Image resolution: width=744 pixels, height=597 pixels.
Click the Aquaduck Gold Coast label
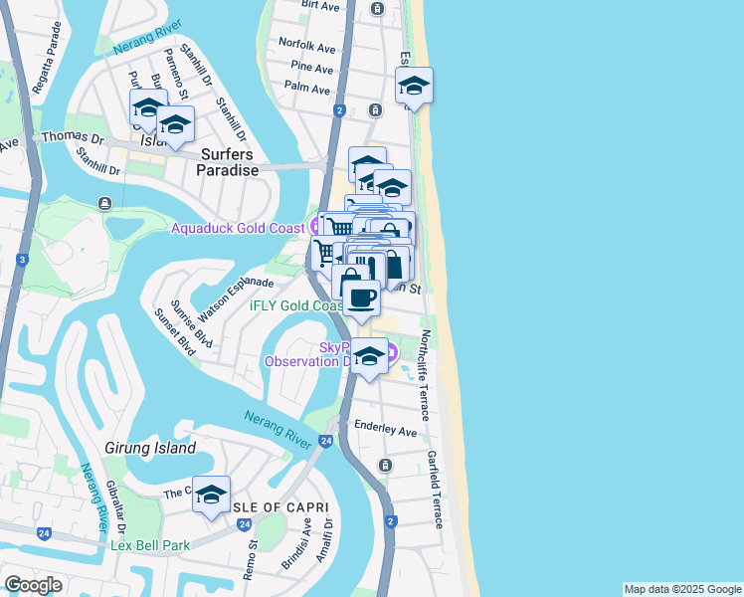tap(237, 228)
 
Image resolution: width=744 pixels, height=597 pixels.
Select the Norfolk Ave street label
tap(307, 46)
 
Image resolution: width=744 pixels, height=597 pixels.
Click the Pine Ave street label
tap(312, 68)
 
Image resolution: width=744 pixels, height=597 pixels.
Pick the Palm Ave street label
tap(306, 89)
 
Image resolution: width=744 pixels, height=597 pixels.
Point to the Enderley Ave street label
tap(386, 432)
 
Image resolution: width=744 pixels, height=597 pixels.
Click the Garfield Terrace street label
tap(435, 488)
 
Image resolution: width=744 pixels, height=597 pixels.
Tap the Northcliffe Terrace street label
tap(425, 374)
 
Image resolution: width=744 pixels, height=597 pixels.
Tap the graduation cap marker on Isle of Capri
tap(211, 495)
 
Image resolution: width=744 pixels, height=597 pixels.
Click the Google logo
tap(33, 585)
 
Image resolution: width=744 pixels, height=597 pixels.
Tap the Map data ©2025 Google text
tap(681, 589)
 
